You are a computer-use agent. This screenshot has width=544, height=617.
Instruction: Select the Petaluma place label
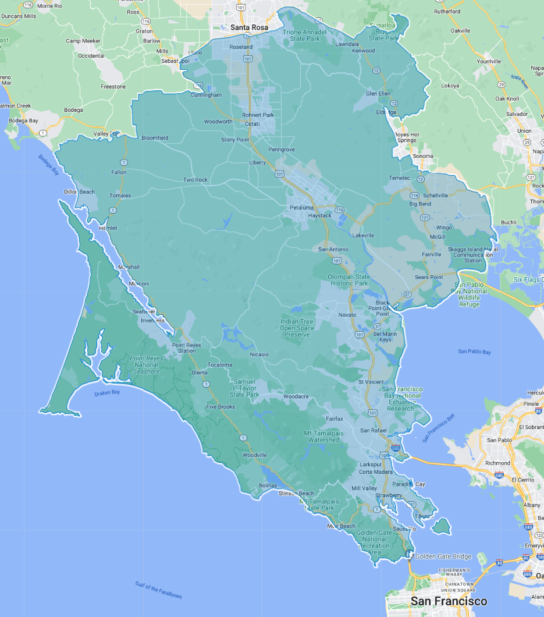(x=302, y=207)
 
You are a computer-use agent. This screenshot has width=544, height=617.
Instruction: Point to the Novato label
(x=347, y=315)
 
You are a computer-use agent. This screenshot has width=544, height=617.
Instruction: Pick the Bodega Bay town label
(x=24, y=120)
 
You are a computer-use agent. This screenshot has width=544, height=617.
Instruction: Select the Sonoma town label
(x=423, y=156)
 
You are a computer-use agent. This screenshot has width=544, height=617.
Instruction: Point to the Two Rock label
(x=195, y=180)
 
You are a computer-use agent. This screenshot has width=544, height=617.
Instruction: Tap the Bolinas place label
(x=268, y=485)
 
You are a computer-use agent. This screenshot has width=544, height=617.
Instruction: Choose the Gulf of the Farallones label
(x=158, y=590)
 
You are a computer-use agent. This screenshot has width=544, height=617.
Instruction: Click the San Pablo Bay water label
(x=474, y=352)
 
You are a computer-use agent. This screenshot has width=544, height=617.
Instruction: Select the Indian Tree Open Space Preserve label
(x=297, y=328)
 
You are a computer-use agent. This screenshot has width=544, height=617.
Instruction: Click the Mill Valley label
(x=364, y=488)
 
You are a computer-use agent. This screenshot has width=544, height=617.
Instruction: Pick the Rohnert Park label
(x=258, y=115)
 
